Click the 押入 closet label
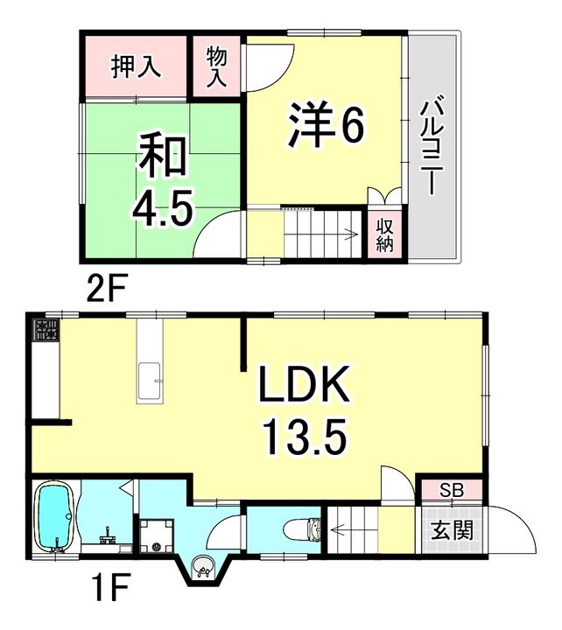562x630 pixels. tap(136, 66)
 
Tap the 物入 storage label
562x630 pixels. tap(217, 66)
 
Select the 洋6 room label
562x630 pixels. tap(326, 124)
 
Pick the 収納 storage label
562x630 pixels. tap(384, 236)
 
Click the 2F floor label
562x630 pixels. tap(107, 287)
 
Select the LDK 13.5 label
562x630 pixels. tap(305, 409)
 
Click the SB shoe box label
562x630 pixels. tap(452, 490)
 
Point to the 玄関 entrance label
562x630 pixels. tap(452, 530)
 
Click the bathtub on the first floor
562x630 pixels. tap(55, 517)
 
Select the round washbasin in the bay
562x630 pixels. tap(204, 566)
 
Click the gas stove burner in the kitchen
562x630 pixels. tap(46, 330)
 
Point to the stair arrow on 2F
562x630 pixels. tap(321, 234)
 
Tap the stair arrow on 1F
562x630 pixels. tap(354, 530)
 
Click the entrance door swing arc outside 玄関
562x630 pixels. tap(523, 521)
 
